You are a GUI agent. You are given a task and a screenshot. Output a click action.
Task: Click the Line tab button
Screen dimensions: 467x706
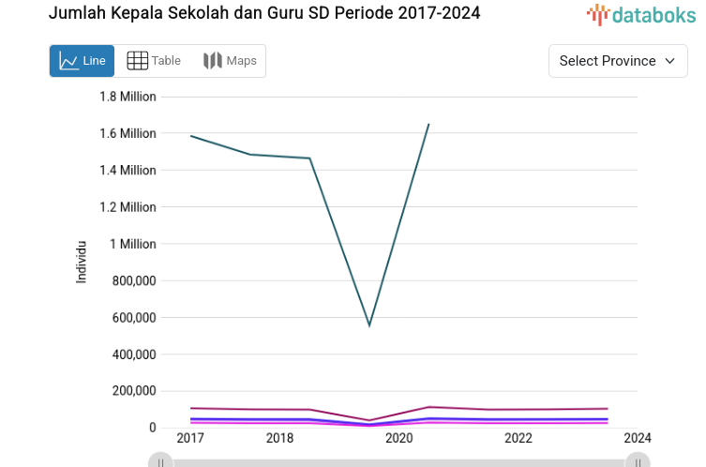[x=82, y=61]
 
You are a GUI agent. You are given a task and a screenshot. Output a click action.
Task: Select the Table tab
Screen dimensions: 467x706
[x=154, y=61]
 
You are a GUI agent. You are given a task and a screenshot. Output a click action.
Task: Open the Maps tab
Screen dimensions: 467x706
[x=230, y=61]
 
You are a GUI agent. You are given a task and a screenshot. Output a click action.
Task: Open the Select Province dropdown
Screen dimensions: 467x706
[x=617, y=61]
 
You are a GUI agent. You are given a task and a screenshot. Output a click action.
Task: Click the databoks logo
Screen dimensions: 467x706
[x=642, y=14]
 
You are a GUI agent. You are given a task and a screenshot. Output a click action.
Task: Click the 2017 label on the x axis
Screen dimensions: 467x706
[x=190, y=438]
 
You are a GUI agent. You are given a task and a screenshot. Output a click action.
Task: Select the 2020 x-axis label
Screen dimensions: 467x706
[x=398, y=438]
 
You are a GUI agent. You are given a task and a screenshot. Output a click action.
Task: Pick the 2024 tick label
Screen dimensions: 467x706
[x=638, y=438]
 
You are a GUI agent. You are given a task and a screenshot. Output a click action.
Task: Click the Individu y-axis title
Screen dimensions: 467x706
[x=82, y=262]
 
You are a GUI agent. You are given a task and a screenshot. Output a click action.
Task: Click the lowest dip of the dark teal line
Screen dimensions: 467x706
[x=369, y=325]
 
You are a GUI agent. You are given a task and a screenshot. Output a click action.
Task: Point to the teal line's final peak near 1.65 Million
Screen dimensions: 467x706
[x=428, y=124]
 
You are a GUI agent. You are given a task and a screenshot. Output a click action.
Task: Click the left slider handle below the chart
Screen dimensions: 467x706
[x=161, y=461]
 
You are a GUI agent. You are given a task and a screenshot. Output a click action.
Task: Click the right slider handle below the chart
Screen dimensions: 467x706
[x=638, y=461]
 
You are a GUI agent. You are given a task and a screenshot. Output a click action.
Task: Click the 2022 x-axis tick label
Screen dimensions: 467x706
[x=518, y=438]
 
